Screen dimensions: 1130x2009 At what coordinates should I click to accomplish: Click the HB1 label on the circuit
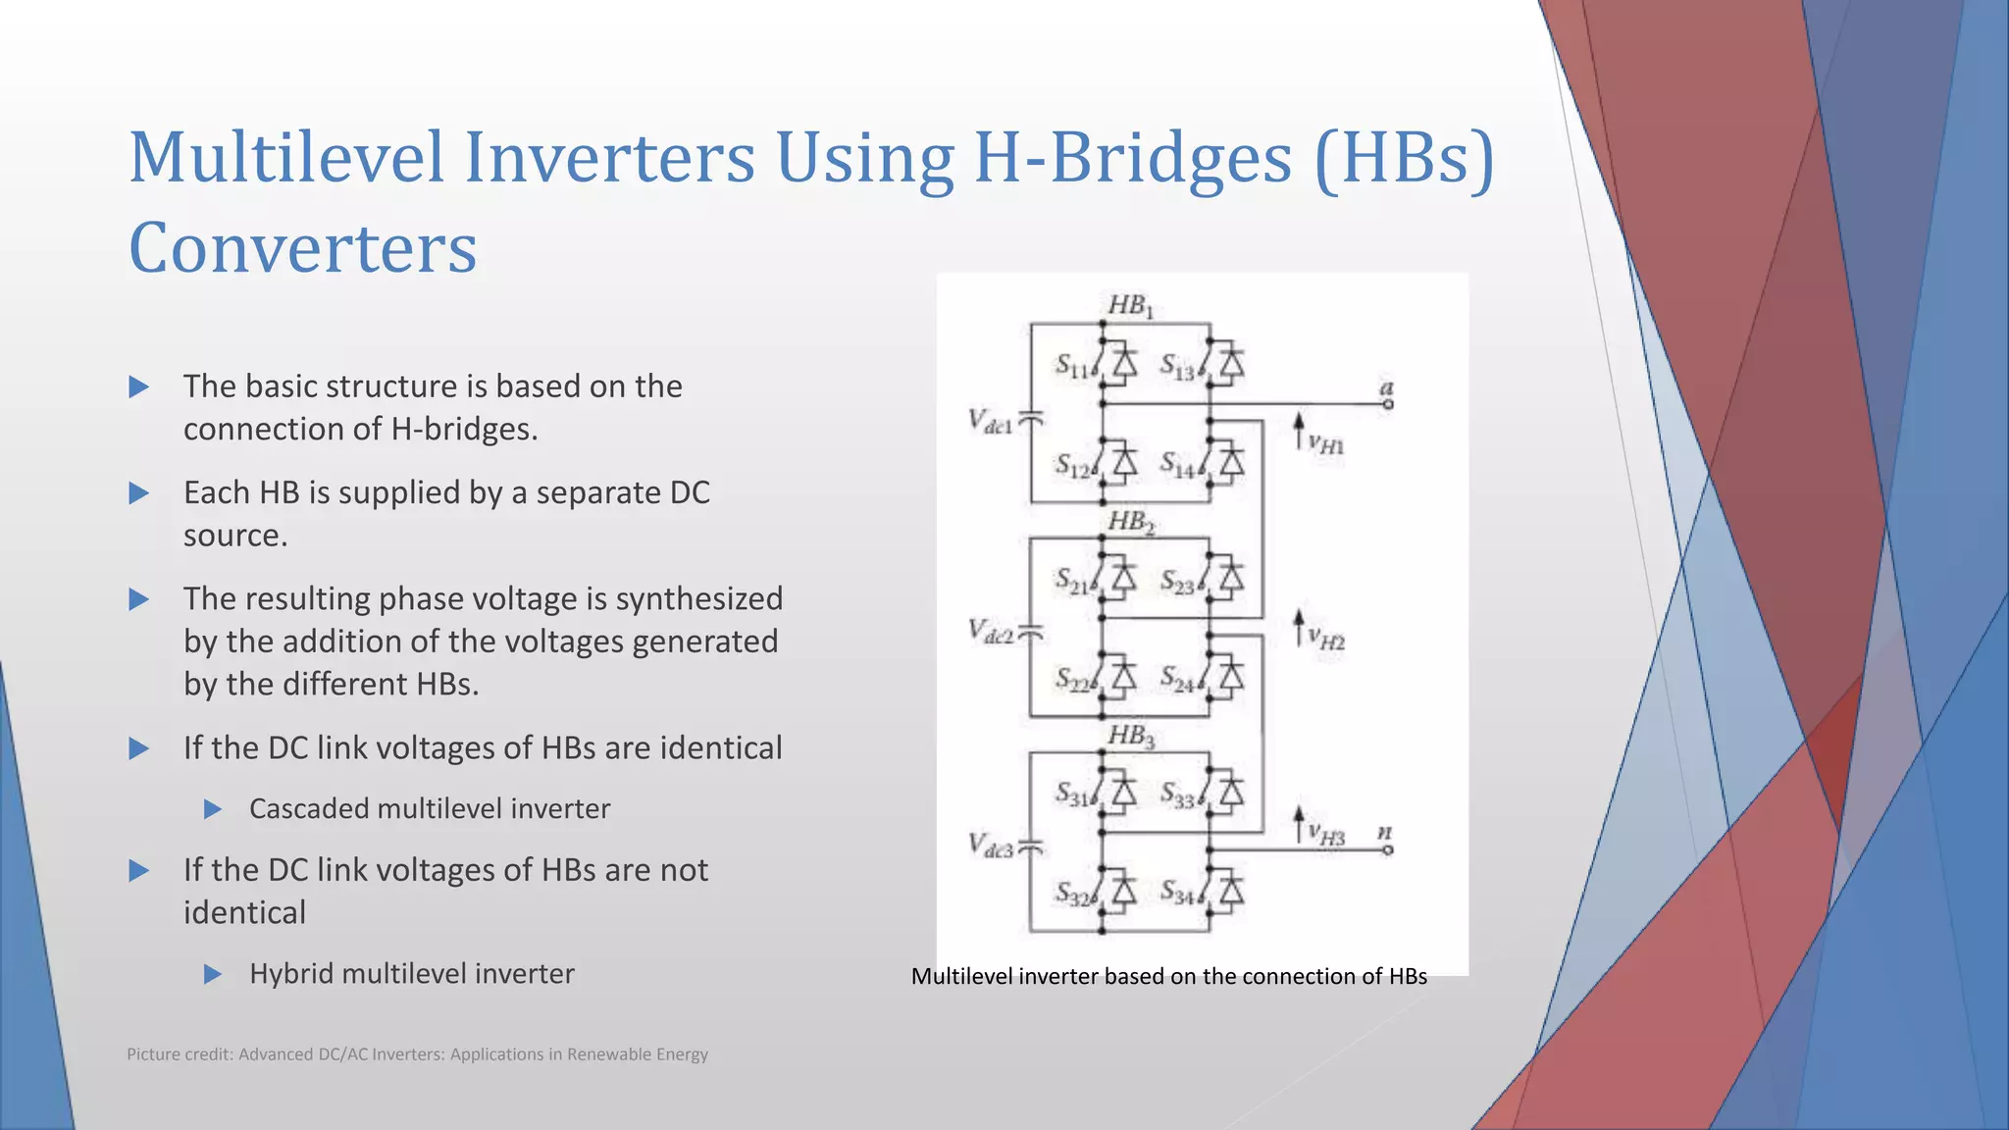[x=1130, y=306]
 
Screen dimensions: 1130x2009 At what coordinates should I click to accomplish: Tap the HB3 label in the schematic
[x=1130, y=736]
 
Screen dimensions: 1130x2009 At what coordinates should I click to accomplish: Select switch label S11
[x=1072, y=367]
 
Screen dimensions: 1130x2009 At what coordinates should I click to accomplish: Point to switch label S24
[x=1177, y=678]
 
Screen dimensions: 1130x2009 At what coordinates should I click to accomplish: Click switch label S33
[x=1177, y=795]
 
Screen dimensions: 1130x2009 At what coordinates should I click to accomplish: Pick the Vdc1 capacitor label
[x=990, y=422]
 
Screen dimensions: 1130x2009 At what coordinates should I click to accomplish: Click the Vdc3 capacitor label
[x=990, y=846]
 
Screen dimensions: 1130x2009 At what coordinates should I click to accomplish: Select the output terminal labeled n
[x=1387, y=849]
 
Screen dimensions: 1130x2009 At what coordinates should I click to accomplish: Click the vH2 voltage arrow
[x=1299, y=628]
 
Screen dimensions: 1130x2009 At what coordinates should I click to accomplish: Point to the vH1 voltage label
[x=1326, y=444]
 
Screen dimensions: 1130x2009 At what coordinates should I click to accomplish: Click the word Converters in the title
[x=302, y=247]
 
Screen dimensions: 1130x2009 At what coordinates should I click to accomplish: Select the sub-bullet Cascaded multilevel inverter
[x=429, y=809]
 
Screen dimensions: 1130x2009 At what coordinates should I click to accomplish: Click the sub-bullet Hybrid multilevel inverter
[x=411, y=974]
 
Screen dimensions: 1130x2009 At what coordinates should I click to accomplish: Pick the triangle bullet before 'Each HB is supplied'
[x=139, y=493]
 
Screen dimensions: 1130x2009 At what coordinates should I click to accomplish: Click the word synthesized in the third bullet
[x=698, y=598]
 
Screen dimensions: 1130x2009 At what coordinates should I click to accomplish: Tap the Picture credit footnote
[x=417, y=1054]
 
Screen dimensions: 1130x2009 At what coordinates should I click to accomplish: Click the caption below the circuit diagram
[x=1168, y=977]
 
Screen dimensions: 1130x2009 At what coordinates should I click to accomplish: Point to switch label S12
[x=1072, y=466]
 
